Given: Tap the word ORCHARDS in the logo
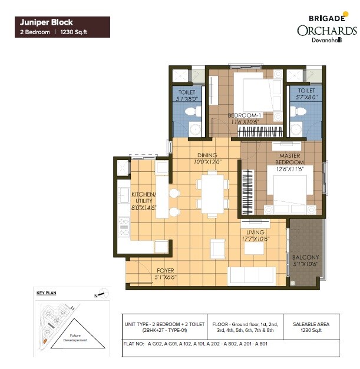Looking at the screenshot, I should (326, 31).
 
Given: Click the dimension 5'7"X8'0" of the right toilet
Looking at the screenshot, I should (306, 97).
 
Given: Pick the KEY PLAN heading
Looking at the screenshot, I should (46, 292).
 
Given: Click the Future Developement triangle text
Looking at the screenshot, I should (75, 338).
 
